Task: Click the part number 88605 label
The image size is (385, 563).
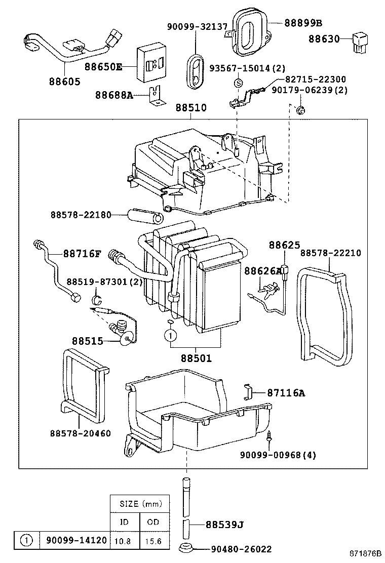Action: click(x=65, y=81)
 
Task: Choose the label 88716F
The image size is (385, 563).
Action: click(x=82, y=253)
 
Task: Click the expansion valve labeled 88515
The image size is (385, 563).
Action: click(x=125, y=335)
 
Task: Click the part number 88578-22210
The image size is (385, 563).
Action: click(x=331, y=253)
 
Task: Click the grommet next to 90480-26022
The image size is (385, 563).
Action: click(x=186, y=548)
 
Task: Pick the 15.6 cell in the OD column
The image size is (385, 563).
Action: click(x=151, y=541)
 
